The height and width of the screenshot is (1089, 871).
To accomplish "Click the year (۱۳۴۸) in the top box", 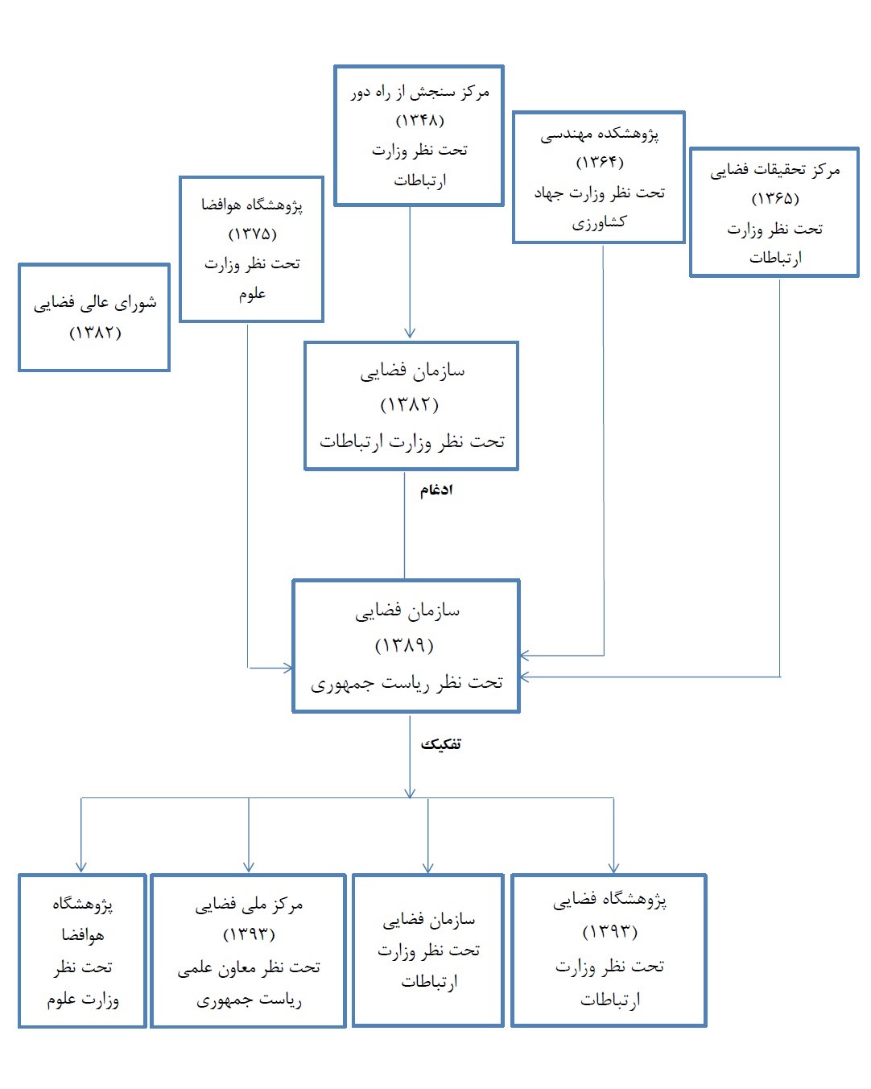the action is click(x=419, y=121).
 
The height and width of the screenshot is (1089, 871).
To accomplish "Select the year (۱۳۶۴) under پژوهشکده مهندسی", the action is click(x=600, y=162).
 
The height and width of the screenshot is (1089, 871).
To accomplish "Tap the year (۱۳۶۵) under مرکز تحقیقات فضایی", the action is click(x=775, y=198).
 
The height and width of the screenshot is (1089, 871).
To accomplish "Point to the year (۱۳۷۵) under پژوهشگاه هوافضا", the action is click(x=252, y=234).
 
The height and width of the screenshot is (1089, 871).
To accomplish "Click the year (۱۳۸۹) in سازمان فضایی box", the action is click(x=405, y=644).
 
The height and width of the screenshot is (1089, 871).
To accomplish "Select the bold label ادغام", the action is click(x=436, y=490).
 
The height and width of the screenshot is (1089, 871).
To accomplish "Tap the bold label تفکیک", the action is click(x=440, y=744).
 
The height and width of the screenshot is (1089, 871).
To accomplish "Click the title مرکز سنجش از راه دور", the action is click(x=420, y=92).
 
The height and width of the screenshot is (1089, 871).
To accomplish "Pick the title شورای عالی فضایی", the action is click(x=95, y=303).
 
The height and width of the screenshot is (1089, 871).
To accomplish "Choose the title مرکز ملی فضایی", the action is click(x=249, y=905).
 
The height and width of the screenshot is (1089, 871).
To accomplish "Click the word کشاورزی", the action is click(x=599, y=222).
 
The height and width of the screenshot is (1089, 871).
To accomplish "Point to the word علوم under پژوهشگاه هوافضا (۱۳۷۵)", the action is click(x=252, y=294).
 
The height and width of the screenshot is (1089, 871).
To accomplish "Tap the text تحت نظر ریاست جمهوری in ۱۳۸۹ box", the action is click(x=407, y=682).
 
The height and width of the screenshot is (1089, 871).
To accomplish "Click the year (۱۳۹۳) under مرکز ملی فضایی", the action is click(x=249, y=934).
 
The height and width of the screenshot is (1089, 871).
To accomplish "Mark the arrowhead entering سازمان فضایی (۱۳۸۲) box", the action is click(x=410, y=333).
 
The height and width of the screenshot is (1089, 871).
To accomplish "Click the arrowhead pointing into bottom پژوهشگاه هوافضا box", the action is click(x=81, y=867).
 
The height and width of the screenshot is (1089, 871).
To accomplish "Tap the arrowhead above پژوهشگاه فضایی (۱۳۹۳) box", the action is click(x=613, y=867).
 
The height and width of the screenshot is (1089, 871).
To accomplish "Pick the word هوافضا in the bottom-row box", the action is click(x=83, y=935).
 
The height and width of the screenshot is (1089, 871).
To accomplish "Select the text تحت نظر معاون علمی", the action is click(x=249, y=967).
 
